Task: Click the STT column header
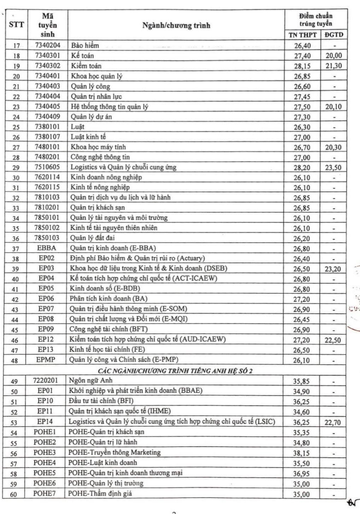[16, 25]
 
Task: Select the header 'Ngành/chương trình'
[176, 25]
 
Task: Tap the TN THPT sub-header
[303, 35]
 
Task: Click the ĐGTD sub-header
[334, 35]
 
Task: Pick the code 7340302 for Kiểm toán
[48, 66]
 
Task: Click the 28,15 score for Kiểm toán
[302, 66]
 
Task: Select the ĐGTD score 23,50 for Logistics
[333, 167]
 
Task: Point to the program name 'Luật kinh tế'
[88, 137]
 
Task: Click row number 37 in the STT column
[16, 249]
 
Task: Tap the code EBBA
[47, 248]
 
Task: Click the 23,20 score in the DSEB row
[333, 269]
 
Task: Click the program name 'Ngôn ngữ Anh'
[92, 381]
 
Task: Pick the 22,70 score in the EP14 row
[332, 422]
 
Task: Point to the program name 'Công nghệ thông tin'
[100, 157]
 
